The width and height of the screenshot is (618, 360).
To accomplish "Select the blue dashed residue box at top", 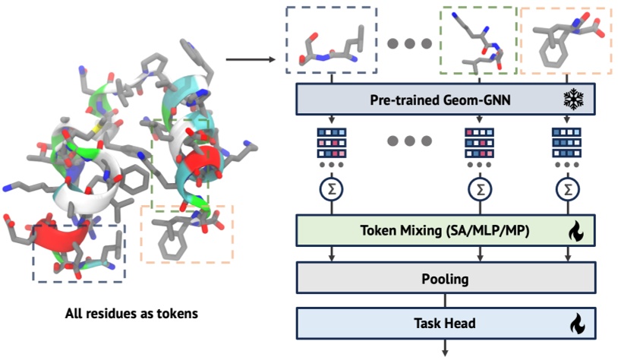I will pyautogui.click(x=331, y=40).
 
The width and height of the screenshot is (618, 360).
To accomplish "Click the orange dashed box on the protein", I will pyautogui.click(x=188, y=234).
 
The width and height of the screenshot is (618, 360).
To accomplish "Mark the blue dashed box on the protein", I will pyautogui.click(x=78, y=253).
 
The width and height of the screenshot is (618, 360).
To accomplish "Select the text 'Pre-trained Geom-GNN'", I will pyautogui.click(x=432, y=99).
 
